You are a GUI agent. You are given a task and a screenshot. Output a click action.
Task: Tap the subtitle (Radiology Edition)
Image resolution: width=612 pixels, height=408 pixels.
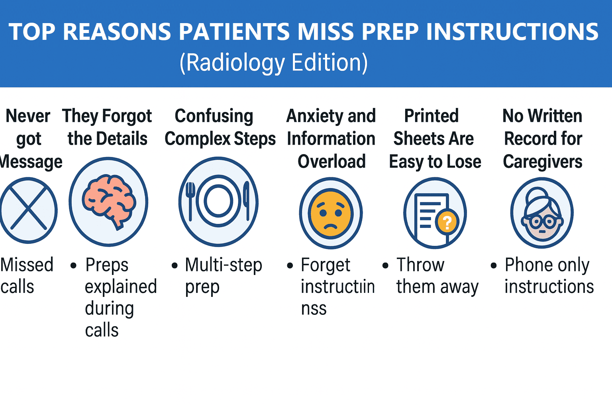[x=274, y=63]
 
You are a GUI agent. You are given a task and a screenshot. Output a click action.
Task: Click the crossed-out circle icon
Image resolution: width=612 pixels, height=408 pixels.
[x=28, y=210]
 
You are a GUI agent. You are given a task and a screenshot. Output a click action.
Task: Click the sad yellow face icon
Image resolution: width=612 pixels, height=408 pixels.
[x=331, y=214]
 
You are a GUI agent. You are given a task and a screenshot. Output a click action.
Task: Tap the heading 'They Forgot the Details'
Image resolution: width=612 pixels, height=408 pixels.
[x=107, y=127]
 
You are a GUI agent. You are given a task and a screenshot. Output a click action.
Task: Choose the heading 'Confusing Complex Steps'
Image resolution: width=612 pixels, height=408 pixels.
[x=220, y=127]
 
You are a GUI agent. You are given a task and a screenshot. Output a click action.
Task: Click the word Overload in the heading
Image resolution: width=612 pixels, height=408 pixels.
[x=331, y=161]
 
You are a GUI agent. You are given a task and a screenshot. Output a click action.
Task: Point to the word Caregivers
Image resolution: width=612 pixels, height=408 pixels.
[x=542, y=161]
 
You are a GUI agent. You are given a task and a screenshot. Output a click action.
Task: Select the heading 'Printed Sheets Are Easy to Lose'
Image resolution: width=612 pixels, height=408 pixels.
[x=434, y=139]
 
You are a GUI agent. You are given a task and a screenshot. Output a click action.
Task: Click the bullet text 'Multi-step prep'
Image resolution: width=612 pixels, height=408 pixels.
[x=223, y=276]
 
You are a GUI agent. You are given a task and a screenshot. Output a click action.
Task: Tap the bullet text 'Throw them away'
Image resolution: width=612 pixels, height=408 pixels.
[x=437, y=276]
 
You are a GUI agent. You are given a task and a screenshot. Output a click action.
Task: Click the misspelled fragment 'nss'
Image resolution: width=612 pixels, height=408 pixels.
[x=314, y=309]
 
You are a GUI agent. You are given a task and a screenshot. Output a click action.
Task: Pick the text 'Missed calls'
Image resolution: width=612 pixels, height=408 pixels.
[x=26, y=276]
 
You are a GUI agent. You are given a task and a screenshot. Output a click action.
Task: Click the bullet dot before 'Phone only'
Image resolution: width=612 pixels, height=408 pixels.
[x=494, y=265]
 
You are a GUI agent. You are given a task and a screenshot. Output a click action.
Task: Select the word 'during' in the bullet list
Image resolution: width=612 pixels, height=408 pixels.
[x=109, y=309]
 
